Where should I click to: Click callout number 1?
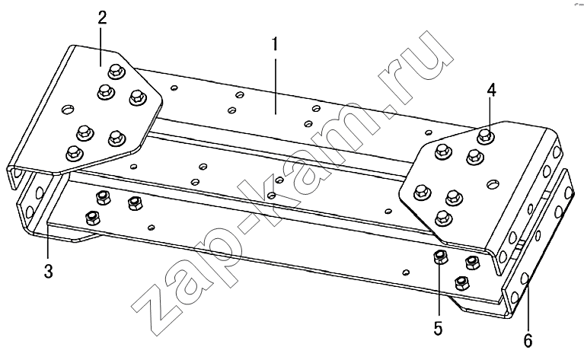point(275,44)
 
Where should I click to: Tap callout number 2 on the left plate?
point(102,18)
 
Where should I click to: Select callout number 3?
point(49,272)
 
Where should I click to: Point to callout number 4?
point(492,91)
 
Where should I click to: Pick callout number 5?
point(438,329)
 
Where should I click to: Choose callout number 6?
point(528,341)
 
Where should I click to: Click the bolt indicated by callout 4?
point(484,136)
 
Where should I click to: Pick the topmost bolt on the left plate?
point(116,71)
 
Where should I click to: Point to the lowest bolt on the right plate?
point(442,218)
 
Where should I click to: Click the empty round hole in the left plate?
point(68,110)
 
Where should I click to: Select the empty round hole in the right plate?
point(493,183)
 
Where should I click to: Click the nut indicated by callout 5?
point(440,256)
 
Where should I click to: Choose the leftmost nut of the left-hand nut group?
point(92,218)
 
